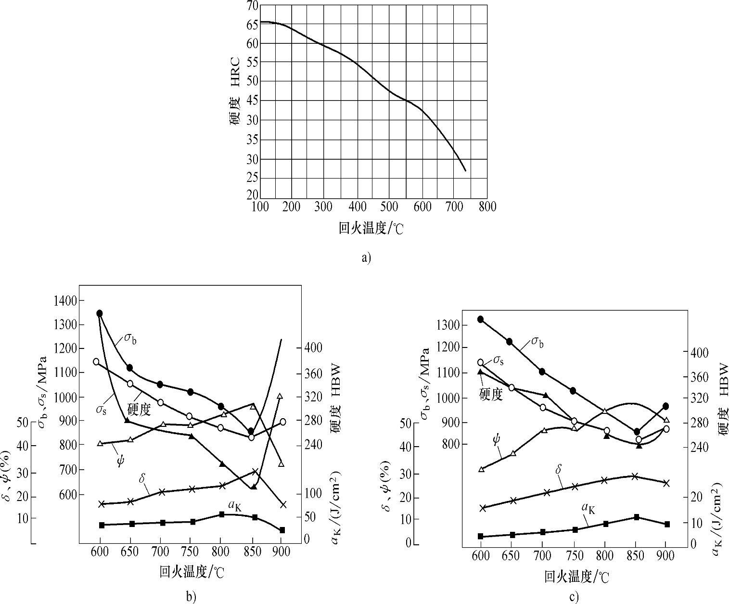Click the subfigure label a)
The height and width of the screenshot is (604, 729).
[366, 258]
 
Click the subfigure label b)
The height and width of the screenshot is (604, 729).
[191, 597]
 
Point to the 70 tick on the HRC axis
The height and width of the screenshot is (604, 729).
[252, 5]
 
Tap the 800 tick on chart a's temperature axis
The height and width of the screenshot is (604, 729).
[487, 206]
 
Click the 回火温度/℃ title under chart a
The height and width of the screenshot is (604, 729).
[371, 228]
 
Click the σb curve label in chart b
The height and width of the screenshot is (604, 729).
[130, 339]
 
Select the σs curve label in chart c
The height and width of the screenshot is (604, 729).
[499, 360]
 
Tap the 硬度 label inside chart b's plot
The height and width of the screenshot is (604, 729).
[139, 410]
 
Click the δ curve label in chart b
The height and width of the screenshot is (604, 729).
[142, 478]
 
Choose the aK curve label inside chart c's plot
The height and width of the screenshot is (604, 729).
[588, 508]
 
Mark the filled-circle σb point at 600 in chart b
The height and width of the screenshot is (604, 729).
[100, 313]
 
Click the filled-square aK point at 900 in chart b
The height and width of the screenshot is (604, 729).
[282, 530]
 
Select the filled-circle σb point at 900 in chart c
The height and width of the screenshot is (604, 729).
[666, 406]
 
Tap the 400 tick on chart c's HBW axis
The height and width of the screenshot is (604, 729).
[697, 353]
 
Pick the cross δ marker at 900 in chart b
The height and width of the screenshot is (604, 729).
[283, 504]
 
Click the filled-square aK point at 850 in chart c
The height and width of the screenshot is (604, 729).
[636, 517]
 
